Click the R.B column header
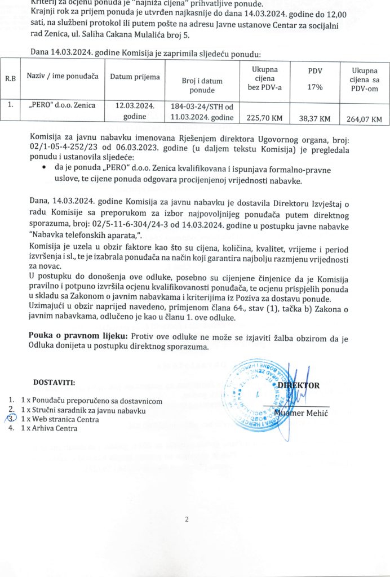click(x=10, y=78)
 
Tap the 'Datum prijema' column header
click(x=135, y=77)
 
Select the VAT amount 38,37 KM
click(x=314, y=118)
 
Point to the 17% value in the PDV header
click(x=314, y=87)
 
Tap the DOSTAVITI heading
click(x=54, y=383)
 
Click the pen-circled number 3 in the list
click(x=10, y=419)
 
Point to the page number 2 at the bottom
click(x=185, y=519)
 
